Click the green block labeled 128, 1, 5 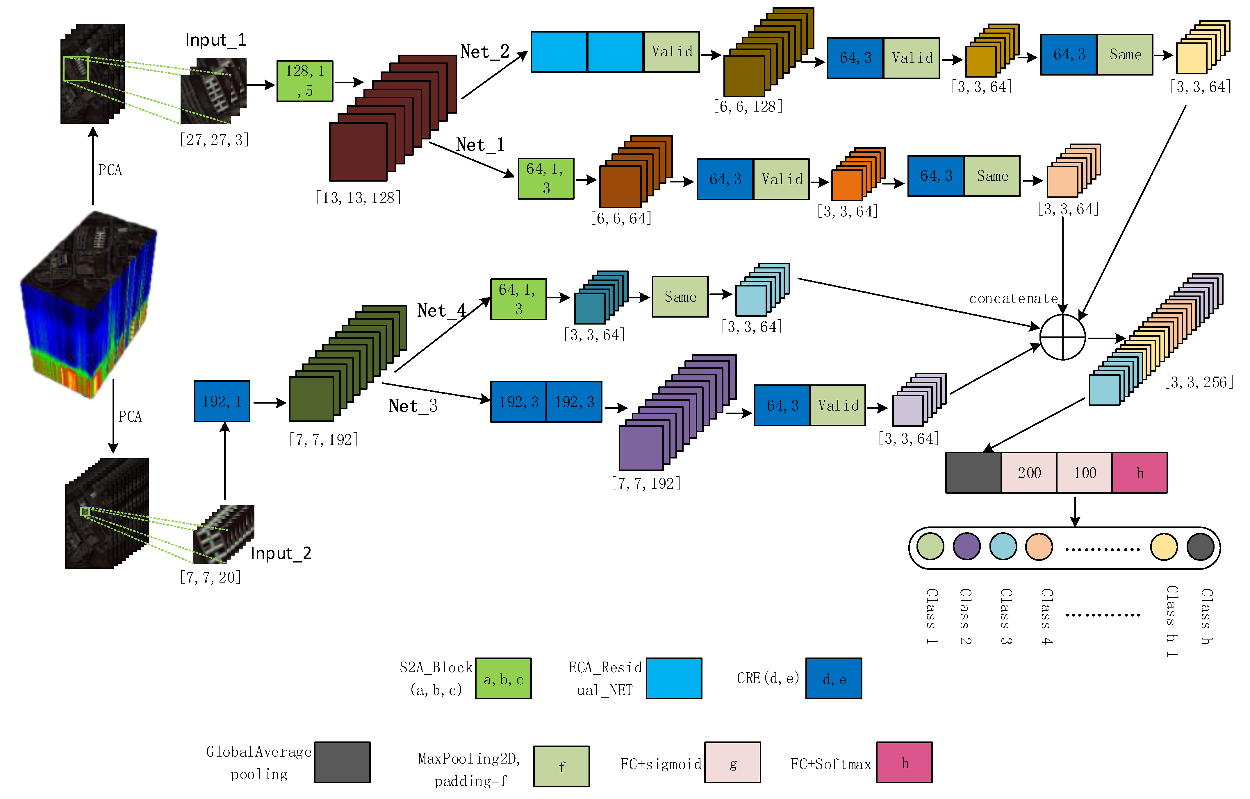point(305,81)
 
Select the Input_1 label point(215,40)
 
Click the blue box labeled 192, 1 point(222,401)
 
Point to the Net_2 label point(484,51)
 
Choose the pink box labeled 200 point(1028,473)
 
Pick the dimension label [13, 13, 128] point(358,198)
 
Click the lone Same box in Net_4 point(680,297)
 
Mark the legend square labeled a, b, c point(503,679)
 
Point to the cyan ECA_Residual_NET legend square point(674,679)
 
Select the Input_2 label point(281,553)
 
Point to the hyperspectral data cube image point(88,304)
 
